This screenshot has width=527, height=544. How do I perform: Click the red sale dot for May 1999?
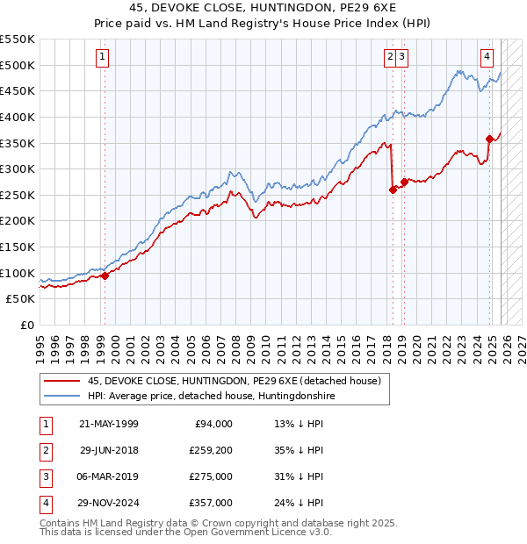click(105, 276)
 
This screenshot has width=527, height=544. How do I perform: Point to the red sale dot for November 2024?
click(489, 138)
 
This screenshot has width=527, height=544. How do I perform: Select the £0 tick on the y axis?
click(26, 325)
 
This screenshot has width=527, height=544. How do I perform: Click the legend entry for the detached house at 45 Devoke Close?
click(234, 381)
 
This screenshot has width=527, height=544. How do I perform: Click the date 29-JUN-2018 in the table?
click(108, 450)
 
